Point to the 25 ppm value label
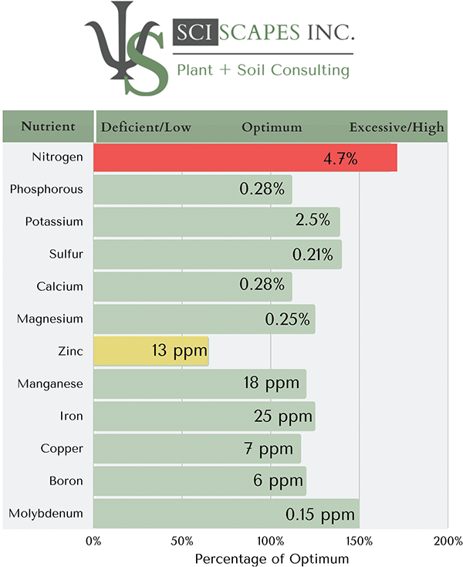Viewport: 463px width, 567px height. point(283,417)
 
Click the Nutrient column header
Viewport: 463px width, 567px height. point(48,127)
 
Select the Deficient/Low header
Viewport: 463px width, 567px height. point(146,127)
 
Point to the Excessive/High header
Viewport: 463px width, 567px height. point(397,127)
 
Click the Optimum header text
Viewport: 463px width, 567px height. point(272,127)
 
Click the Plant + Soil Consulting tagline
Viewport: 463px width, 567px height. point(263,70)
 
